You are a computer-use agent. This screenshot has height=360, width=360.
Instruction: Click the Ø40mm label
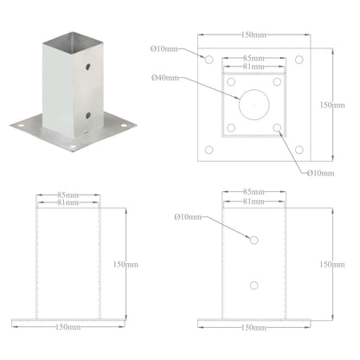(165, 79)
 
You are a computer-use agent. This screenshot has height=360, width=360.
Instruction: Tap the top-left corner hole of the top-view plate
(208, 60)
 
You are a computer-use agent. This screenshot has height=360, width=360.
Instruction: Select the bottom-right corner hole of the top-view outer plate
(299, 151)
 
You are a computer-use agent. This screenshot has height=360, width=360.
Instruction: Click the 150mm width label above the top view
(253, 35)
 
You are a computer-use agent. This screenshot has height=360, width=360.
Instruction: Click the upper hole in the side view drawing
(253, 239)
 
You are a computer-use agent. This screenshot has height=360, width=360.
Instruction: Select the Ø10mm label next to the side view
(188, 215)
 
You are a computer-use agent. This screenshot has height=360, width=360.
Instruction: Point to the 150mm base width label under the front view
(68, 329)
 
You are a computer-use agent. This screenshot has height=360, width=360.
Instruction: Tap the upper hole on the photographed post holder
(88, 66)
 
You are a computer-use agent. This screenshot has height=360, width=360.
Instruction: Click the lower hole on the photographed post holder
(88, 112)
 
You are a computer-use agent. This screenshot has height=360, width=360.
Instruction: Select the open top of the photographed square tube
(74, 40)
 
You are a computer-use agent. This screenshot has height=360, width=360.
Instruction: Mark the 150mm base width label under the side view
(253, 329)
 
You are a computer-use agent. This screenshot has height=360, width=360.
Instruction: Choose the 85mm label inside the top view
(253, 58)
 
